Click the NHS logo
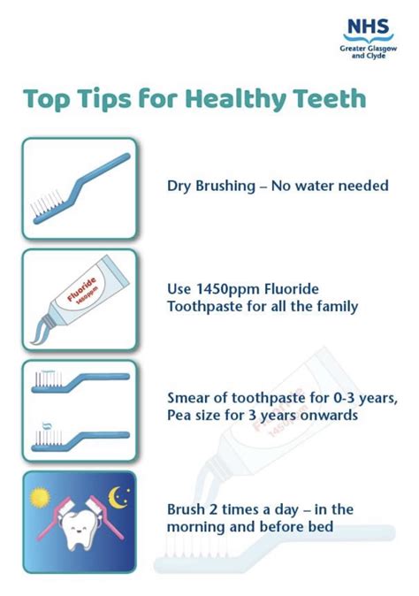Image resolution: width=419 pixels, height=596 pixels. [x=366, y=27]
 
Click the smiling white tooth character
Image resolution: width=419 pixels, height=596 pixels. [x=78, y=522]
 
